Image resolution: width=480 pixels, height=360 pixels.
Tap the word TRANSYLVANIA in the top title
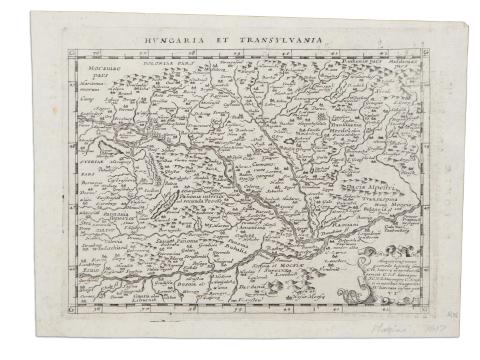click(x=286, y=42)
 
